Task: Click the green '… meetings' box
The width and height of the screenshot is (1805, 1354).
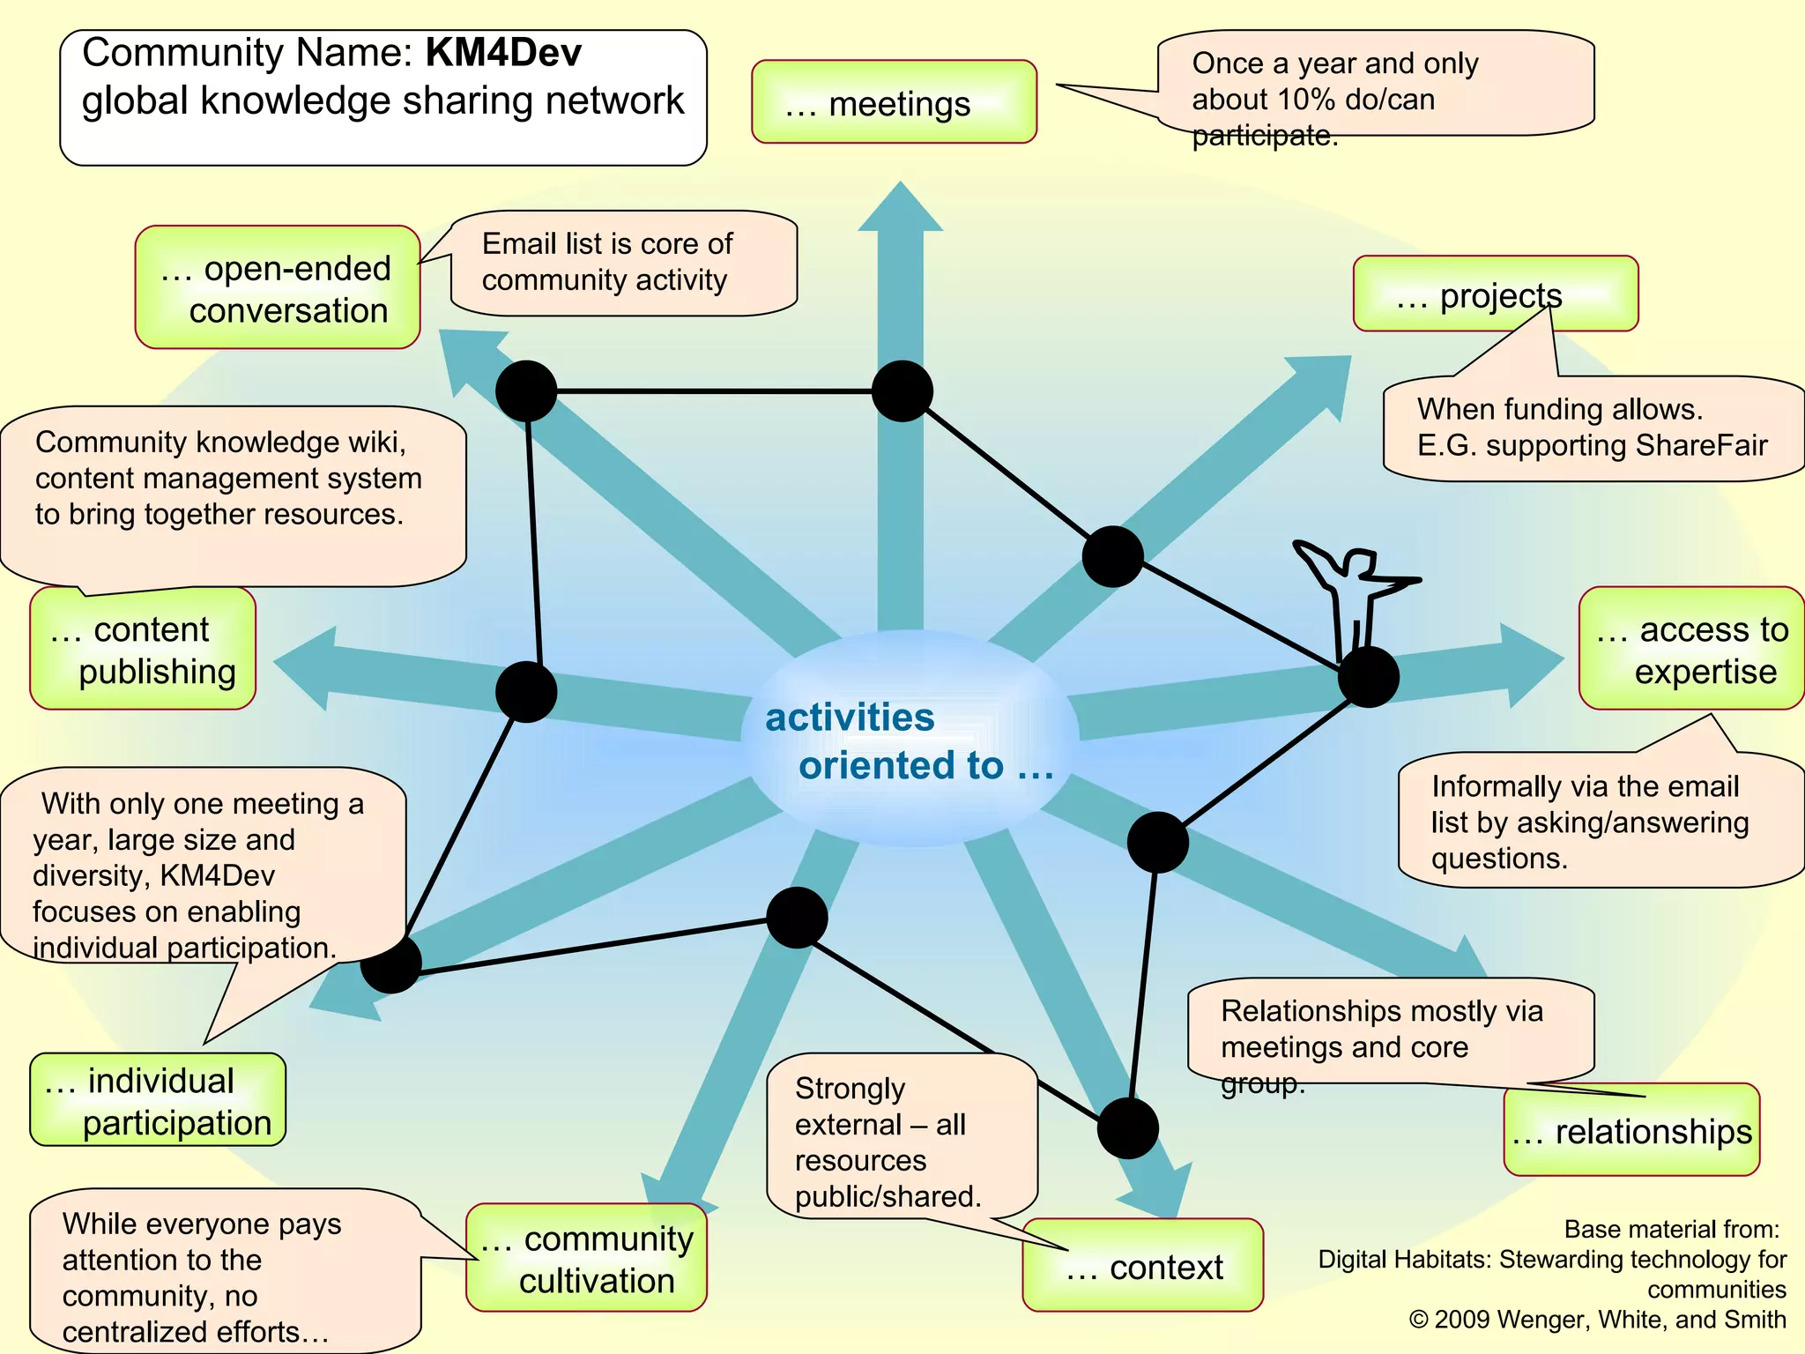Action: click(894, 102)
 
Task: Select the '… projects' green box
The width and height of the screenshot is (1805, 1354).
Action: click(1495, 294)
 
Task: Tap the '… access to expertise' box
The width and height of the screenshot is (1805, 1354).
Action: click(1690, 650)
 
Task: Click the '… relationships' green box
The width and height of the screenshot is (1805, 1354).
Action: click(1630, 1131)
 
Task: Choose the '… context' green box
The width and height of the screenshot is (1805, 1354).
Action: click(1142, 1267)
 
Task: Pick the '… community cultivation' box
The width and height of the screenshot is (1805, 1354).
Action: click(587, 1259)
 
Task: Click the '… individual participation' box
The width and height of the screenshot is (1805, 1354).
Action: click(158, 1101)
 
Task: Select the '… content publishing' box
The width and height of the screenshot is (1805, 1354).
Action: click(143, 650)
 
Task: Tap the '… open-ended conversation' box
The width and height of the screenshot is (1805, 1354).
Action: click(277, 288)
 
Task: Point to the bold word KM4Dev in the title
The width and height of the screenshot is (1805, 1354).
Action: click(503, 53)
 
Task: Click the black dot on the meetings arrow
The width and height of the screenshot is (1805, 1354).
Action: click(902, 391)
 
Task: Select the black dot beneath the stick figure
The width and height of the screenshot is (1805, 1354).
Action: click(1368, 677)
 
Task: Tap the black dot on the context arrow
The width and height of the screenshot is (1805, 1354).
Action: click(1127, 1127)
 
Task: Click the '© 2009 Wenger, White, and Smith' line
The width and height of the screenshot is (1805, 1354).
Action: click(1597, 1320)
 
